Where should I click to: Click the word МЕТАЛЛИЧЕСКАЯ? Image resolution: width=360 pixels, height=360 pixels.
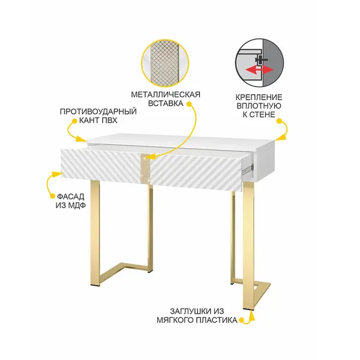click(x=166, y=95)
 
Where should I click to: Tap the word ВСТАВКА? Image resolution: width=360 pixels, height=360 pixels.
click(x=166, y=103)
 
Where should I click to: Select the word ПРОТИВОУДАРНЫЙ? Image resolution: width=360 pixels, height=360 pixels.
click(x=98, y=112)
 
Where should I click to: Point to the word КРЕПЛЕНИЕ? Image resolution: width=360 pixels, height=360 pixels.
click(x=259, y=97)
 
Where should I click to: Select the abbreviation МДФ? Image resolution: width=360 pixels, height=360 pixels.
click(x=76, y=205)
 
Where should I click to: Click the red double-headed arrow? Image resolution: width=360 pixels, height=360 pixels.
click(x=259, y=70)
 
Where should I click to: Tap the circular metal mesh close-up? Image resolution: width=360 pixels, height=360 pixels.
click(x=166, y=63)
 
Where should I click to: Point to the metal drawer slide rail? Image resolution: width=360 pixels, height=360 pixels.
click(x=247, y=169)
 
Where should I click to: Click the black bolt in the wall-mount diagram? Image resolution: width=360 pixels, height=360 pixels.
click(x=261, y=60)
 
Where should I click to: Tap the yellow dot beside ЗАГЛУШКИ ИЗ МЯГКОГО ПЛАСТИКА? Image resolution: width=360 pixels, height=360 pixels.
click(x=241, y=320)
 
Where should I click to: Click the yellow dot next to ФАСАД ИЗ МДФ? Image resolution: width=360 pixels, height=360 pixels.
click(x=53, y=196)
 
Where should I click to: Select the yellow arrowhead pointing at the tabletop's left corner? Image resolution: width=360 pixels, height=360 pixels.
click(x=82, y=139)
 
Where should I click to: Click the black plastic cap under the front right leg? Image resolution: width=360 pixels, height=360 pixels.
click(x=248, y=310)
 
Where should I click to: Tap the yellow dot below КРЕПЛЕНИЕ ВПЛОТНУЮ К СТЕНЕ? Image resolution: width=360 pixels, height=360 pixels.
click(x=279, y=121)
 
